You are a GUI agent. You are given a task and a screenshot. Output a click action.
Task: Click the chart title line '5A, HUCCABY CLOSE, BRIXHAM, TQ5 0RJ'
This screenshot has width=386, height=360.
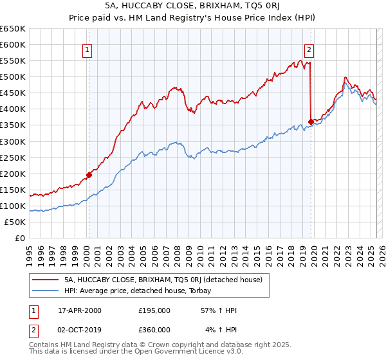[x=193, y=6]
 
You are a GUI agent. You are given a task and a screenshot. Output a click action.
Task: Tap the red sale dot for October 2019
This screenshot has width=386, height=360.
[x=311, y=122]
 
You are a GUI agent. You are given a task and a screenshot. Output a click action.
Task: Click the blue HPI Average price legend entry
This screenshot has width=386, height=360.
[x=142, y=291]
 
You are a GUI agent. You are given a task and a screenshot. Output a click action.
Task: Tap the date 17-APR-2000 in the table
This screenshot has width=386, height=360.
[x=80, y=310]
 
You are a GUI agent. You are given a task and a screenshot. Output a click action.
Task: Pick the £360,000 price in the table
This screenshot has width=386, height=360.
[x=154, y=329]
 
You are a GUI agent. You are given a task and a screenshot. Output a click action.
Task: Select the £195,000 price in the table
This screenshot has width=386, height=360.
[x=154, y=310]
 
